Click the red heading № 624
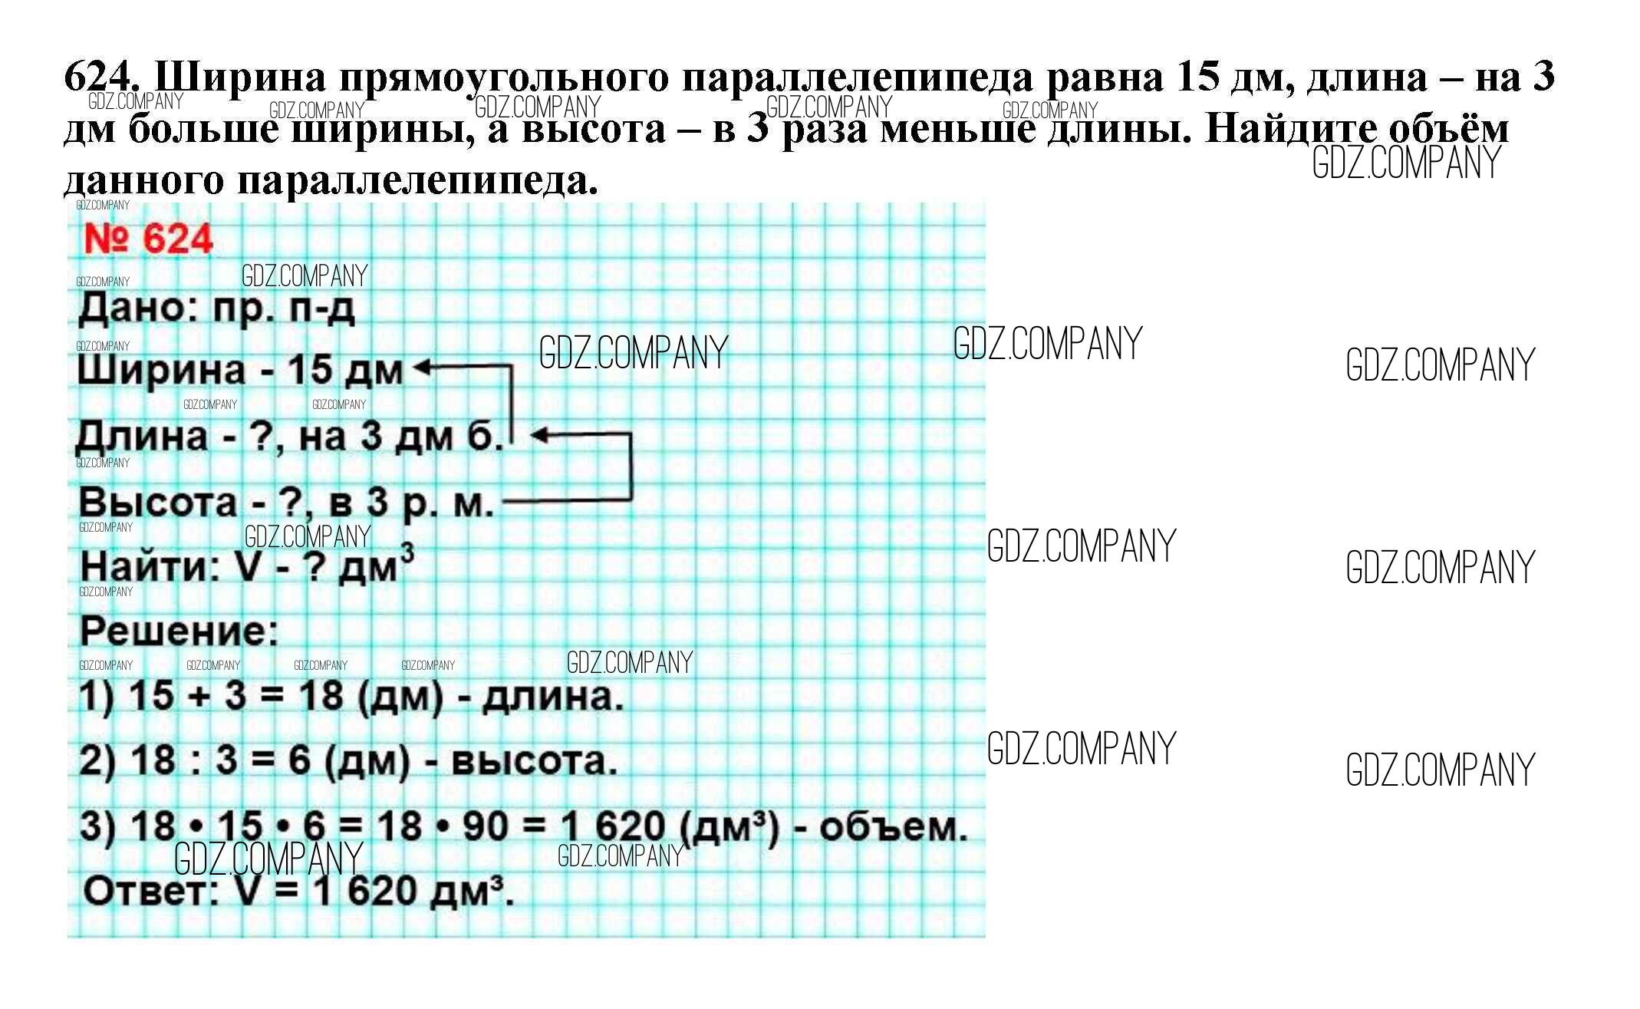pos(147,239)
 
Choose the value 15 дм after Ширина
pos(345,371)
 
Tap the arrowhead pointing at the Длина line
pos(539,435)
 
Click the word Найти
pos(150,568)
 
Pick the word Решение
pos(179,632)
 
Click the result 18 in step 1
pos(320,696)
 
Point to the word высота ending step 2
pos(534,761)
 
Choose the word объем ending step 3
pos(893,827)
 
